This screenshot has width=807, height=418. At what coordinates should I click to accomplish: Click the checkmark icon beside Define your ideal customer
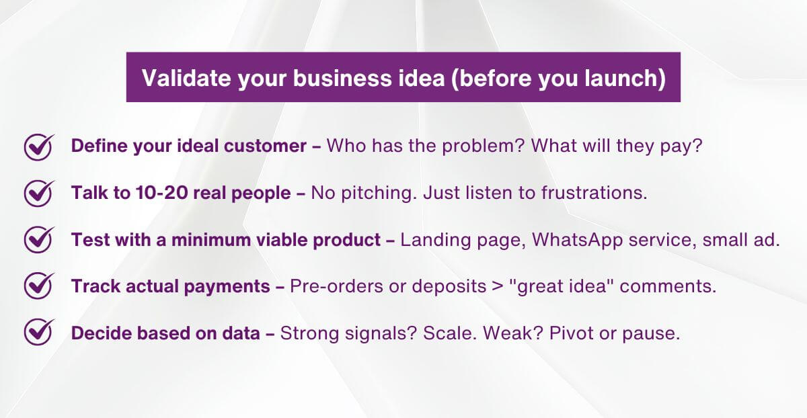tap(38, 146)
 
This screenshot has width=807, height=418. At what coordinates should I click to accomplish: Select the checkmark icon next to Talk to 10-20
tap(38, 193)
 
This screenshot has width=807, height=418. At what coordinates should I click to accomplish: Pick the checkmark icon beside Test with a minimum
tap(38, 240)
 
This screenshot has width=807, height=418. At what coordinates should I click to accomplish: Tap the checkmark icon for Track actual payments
tap(38, 286)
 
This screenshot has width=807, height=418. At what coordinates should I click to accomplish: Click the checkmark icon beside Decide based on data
tap(38, 333)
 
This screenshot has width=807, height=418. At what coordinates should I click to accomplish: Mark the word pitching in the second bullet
tap(373, 194)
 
